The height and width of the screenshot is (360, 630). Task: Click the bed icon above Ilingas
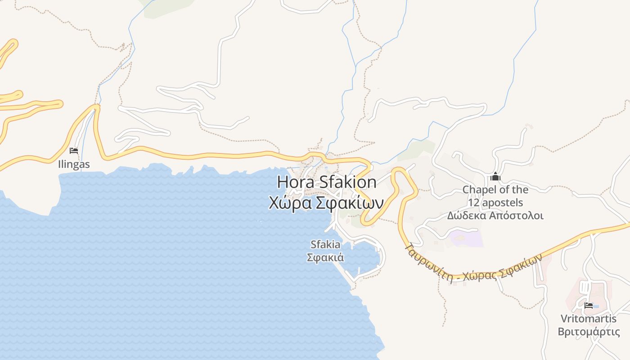point(74,150)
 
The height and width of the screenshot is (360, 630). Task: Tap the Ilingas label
point(74,164)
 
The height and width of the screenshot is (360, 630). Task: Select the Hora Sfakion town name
point(327,182)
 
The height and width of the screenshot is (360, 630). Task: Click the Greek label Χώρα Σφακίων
point(326,203)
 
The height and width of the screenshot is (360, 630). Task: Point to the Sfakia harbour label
point(325,244)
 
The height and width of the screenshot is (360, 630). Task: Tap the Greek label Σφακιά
point(325,258)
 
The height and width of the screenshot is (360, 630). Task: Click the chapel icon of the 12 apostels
point(495,176)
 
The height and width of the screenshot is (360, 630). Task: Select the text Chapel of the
point(495,189)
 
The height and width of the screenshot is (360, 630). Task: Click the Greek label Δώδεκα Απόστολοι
point(495,216)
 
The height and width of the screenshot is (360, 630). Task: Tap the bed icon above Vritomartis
point(589,306)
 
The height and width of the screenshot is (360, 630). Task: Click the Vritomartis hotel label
point(589,319)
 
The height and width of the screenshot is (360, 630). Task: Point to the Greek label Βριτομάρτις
point(589,332)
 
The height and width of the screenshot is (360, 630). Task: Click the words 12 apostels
point(495,202)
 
